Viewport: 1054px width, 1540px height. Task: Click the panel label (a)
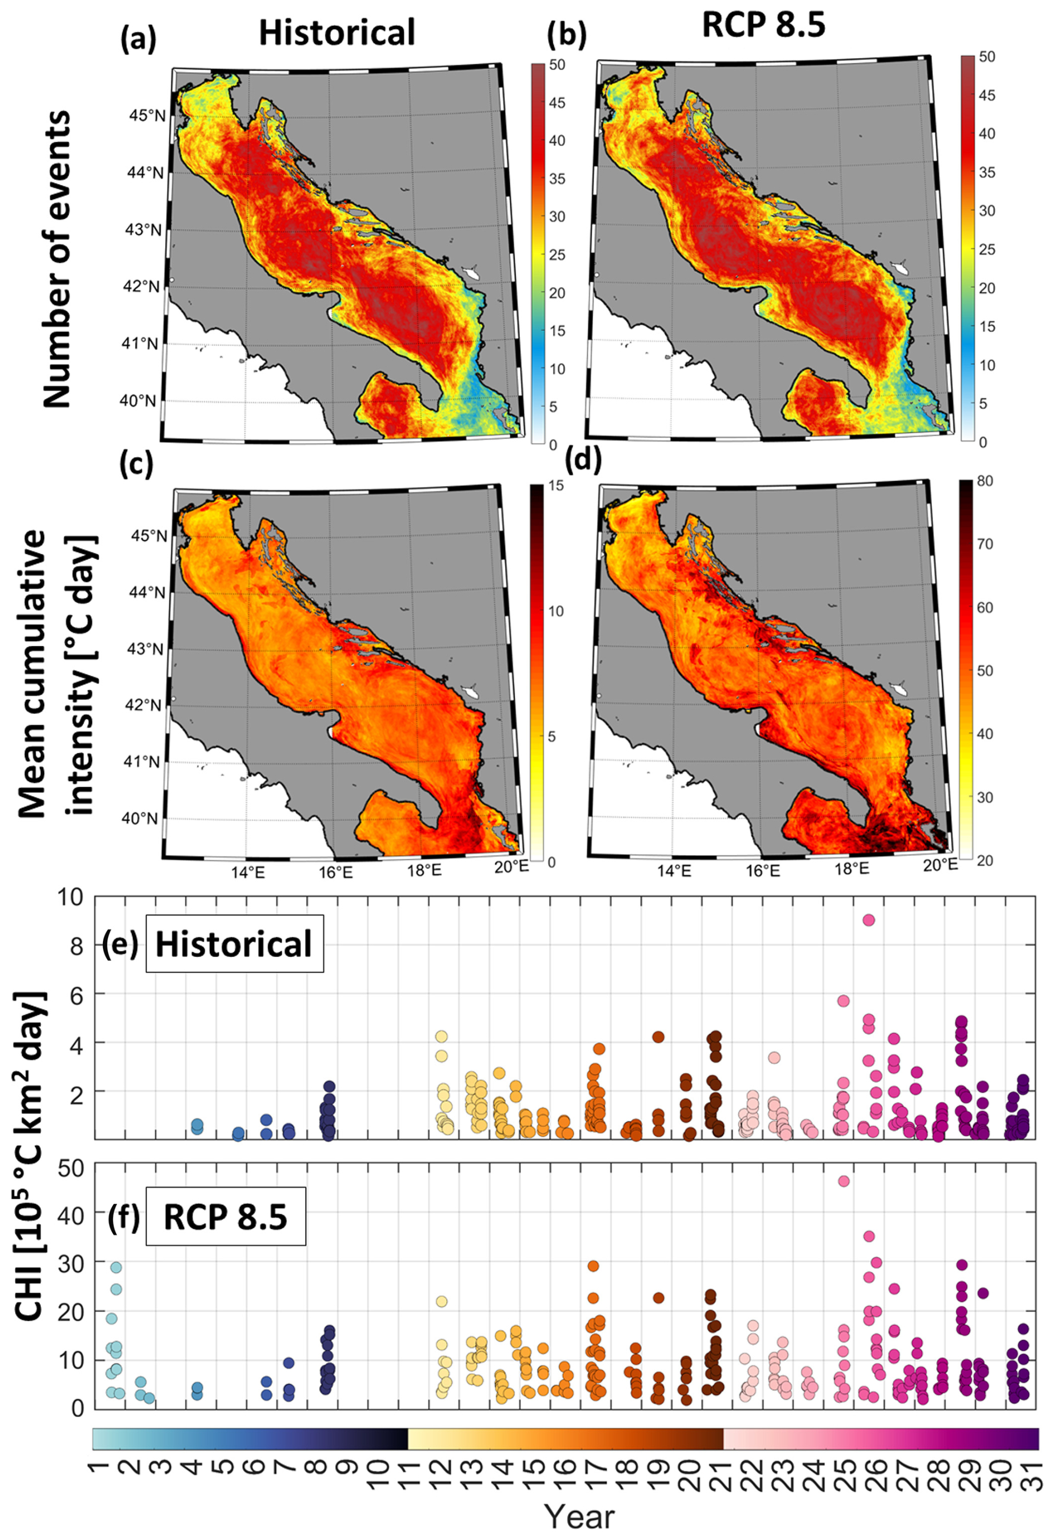tap(138, 40)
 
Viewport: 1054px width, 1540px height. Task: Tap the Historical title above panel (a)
tap(336, 32)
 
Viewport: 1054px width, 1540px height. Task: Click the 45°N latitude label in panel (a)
tap(147, 116)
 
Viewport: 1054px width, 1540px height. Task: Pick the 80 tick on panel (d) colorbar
tap(984, 481)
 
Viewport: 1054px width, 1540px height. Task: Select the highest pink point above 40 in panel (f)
tap(844, 1181)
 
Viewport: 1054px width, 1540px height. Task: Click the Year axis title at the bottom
tap(579, 1516)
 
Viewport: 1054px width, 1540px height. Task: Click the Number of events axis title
tap(57, 259)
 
